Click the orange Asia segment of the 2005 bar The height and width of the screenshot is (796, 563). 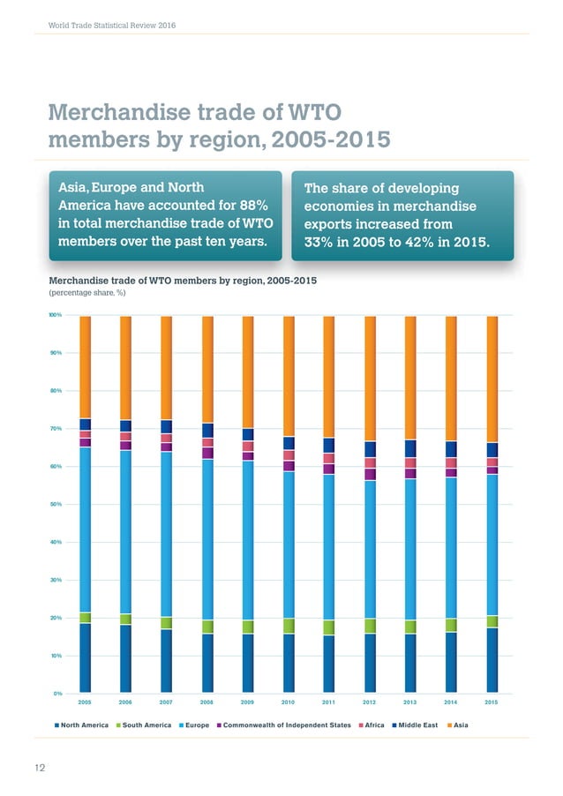click(x=85, y=366)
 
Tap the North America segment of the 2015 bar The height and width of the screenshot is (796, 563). click(x=492, y=659)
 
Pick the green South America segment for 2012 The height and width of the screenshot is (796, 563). click(x=371, y=626)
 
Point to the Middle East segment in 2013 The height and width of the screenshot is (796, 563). click(x=411, y=448)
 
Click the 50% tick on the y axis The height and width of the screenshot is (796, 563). click(x=55, y=504)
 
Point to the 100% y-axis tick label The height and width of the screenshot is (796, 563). click(x=54, y=315)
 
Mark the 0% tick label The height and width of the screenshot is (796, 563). click(x=56, y=694)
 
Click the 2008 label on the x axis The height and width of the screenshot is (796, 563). click(x=207, y=703)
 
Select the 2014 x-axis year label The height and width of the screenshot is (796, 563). click(x=451, y=703)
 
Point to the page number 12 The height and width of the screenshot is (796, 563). click(x=40, y=768)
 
